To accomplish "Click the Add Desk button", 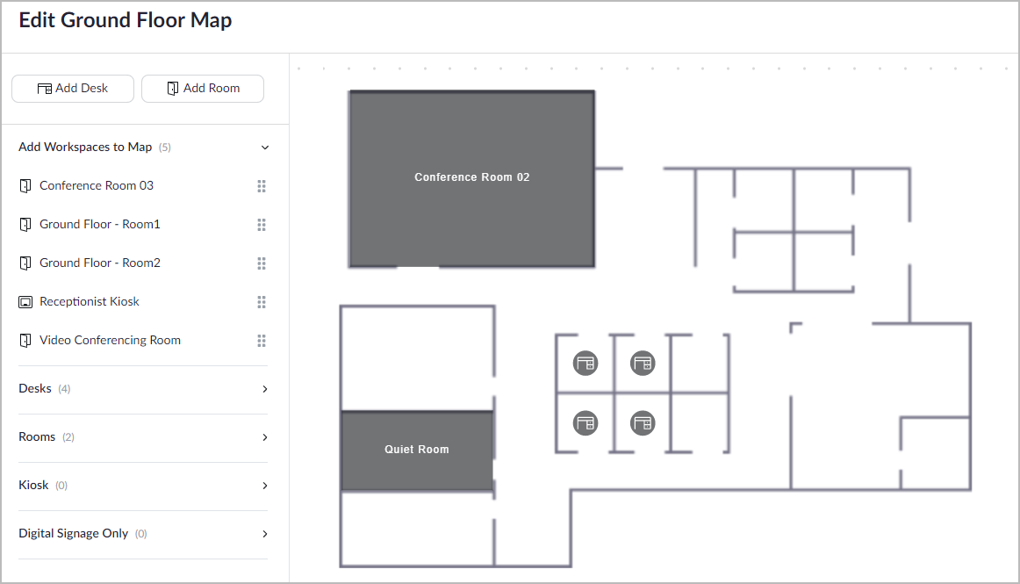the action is [73, 89].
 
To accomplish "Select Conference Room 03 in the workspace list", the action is [97, 185].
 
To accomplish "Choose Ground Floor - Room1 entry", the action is [99, 224].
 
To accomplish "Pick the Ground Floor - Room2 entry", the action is [99, 263].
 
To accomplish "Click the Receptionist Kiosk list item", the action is [90, 301].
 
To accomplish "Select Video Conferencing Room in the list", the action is [110, 340].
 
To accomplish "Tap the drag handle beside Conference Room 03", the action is [262, 186].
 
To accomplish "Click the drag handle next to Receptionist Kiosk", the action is [262, 302].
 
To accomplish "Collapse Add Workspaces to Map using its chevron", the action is [265, 148].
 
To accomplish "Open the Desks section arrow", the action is [265, 389].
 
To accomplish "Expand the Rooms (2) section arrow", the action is [265, 436].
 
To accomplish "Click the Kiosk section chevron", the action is [265, 485].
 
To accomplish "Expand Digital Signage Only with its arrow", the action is [265, 534].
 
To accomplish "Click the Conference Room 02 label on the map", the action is [471, 177].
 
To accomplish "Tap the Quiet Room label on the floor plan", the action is [416, 450].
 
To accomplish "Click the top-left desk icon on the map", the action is [585, 364].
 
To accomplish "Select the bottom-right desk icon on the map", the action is [643, 423].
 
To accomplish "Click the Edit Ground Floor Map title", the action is [125, 20].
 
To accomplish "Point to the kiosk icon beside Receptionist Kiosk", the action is [25, 302].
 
